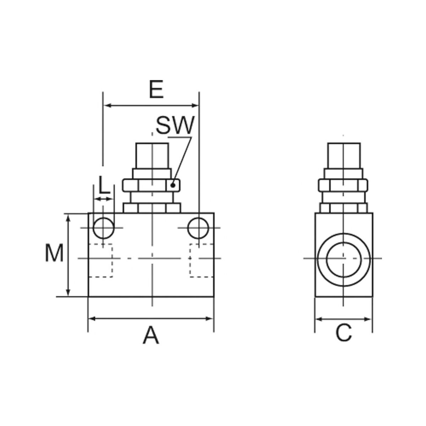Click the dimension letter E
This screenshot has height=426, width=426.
(x=156, y=89)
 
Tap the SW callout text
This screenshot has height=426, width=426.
(x=175, y=125)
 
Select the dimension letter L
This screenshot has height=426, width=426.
(x=104, y=185)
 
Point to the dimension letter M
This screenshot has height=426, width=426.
(x=54, y=253)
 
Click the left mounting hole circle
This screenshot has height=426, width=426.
(x=104, y=228)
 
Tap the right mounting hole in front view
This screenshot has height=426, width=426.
(x=198, y=228)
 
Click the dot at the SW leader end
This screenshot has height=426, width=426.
(x=173, y=185)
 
